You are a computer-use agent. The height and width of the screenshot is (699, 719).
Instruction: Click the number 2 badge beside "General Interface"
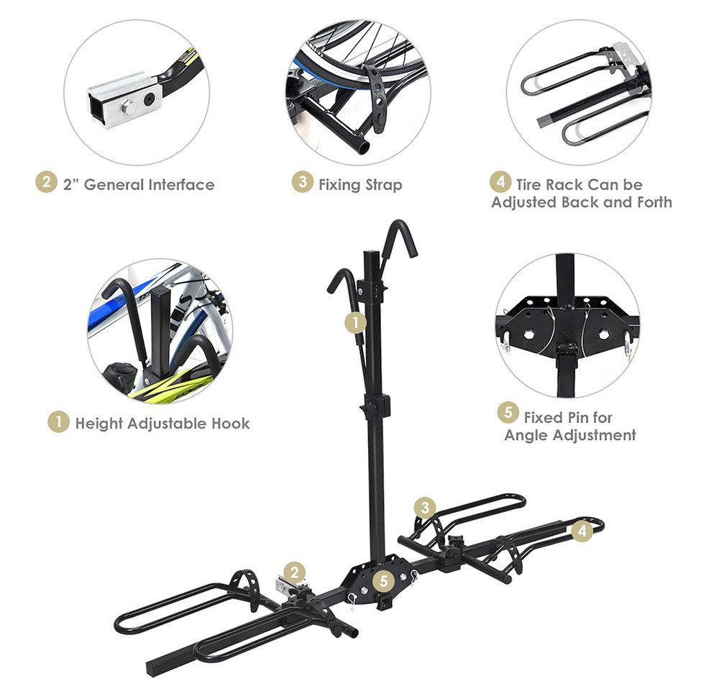[x=46, y=183]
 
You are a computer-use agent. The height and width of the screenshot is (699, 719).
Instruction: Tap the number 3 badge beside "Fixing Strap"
[x=302, y=183]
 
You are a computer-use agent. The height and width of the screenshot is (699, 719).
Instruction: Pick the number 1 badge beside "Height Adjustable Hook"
[x=58, y=422]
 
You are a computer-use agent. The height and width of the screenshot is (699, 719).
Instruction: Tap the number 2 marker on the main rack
[x=294, y=572]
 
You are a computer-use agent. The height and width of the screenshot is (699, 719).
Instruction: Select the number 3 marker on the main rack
[x=425, y=508]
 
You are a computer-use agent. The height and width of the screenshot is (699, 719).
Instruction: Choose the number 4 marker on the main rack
[x=582, y=531]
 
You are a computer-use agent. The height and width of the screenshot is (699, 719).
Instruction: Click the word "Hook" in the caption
[x=230, y=423]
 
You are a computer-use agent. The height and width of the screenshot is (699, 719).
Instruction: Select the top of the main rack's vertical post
[x=371, y=255]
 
